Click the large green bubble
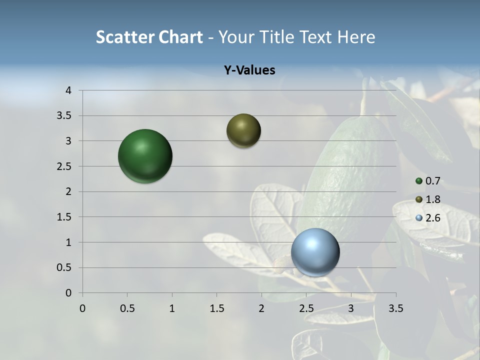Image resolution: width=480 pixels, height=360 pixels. pos(145,156)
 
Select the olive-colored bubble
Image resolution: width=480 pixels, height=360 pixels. pos(243,130)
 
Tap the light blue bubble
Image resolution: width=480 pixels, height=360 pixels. pos(315,252)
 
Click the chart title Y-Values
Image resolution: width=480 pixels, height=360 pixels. pos(249,70)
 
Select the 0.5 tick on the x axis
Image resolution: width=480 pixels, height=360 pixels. pos(127,308)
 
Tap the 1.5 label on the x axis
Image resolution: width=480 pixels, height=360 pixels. pos(216,308)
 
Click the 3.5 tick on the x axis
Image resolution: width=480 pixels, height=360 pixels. pos(395,308)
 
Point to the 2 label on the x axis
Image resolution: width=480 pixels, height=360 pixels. pos(261,308)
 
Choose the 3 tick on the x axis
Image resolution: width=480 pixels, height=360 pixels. pos(351,308)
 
